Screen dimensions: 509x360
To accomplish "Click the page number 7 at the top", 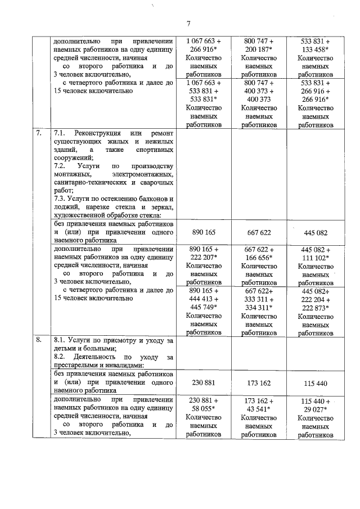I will [189, 23].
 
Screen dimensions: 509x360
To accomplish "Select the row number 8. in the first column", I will [38, 341].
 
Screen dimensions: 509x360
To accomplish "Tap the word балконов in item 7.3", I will [155, 199].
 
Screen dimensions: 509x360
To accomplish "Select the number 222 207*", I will [204, 258].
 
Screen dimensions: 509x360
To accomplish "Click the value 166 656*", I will [259, 258].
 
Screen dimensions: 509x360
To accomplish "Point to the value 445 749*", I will [204, 307].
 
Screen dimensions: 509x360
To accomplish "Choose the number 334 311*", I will [259, 307].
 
